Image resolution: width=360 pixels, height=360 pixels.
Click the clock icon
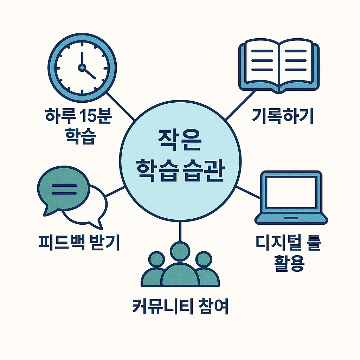[x=82, y=67]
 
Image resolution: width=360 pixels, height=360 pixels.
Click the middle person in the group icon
[x=180, y=267]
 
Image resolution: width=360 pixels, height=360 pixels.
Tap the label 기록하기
[x=282, y=117]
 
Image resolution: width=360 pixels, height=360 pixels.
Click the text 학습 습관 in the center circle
[x=180, y=170]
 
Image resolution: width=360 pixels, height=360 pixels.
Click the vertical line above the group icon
[x=180, y=232]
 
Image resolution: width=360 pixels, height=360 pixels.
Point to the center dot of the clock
[x=82, y=67]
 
